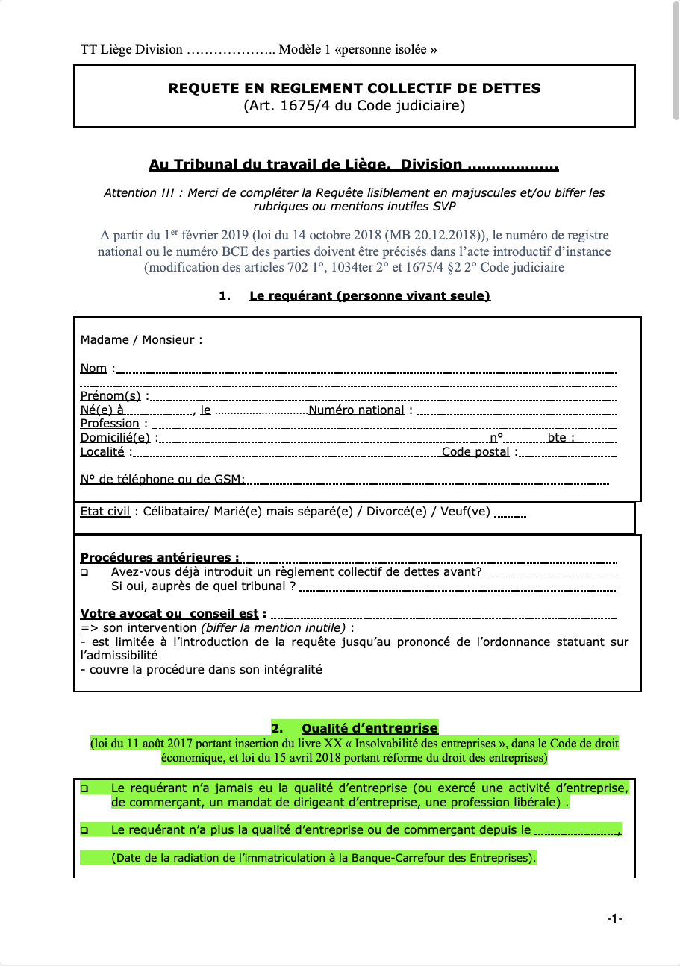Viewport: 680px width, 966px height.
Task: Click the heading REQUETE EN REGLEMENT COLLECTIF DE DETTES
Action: coord(355,88)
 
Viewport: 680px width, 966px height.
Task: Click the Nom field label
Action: coord(93,368)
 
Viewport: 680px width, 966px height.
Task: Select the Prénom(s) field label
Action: coord(110,395)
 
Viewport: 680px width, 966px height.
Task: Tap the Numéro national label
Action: coord(356,410)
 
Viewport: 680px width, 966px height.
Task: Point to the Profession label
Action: coord(110,424)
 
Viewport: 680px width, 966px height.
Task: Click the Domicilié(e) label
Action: coord(115,438)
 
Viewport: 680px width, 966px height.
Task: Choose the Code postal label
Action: coord(475,451)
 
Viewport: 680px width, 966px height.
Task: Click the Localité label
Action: coord(102,451)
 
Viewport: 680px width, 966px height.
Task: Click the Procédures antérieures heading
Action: coord(160,557)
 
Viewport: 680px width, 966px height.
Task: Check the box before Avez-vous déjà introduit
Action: coord(84,573)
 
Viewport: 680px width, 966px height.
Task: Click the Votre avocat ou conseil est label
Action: coord(169,614)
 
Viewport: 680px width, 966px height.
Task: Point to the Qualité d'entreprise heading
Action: coord(369,728)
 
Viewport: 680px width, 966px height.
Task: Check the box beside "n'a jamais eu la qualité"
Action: coord(84,788)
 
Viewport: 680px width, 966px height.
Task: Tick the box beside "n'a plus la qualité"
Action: coord(84,830)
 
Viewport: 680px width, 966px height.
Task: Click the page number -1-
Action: coord(614,919)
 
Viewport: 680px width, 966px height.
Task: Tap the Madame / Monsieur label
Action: coord(141,340)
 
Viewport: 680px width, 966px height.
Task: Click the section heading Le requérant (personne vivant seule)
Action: coord(369,296)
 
